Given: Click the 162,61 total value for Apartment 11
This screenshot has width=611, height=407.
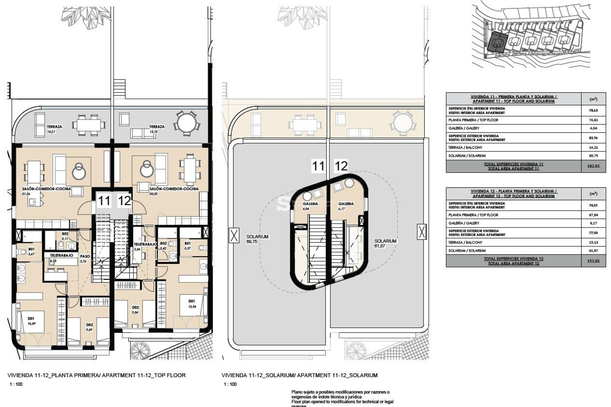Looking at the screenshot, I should pyautogui.click(x=593, y=166).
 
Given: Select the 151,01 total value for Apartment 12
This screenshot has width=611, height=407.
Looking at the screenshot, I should pyautogui.click(x=593, y=261).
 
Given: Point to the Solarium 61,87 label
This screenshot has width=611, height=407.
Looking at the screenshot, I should pyautogui.click(x=385, y=243).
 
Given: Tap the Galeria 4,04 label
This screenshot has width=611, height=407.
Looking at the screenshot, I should pyautogui.click(x=310, y=206).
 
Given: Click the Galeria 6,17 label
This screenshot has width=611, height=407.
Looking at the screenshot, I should pyautogui.click(x=346, y=206).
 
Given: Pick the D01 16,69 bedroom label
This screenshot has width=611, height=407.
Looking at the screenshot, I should pyautogui.click(x=31, y=321).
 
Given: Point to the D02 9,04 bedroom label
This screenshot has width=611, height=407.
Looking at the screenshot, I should pyautogui.click(x=135, y=310).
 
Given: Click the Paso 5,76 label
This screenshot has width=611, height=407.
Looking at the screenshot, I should pyautogui.click(x=85, y=258).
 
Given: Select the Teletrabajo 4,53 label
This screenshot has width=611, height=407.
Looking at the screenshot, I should pyautogui.click(x=61, y=258).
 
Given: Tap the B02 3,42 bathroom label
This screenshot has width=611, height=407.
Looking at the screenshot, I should pyautogui.click(x=163, y=245).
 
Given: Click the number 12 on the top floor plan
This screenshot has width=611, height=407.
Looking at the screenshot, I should pyautogui.click(x=124, y=201).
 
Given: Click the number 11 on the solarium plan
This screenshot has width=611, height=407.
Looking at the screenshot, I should pyautogui.click(x=318, y=166).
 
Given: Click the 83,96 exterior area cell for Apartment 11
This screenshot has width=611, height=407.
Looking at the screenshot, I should pyautogui.click(x=593, y=138).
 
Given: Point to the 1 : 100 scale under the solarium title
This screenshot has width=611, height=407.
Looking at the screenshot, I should pyautogui.click(x=230, y=384).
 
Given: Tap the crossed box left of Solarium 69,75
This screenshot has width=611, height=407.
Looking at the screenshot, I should pyautogui.click(x=234, y=236).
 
